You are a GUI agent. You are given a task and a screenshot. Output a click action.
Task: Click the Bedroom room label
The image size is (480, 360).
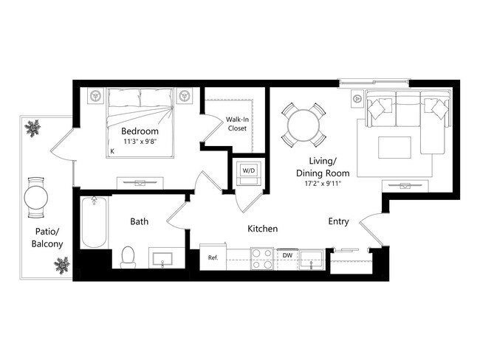(140, 132)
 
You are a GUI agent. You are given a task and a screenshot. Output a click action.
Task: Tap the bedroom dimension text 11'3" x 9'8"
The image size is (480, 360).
(140, 143)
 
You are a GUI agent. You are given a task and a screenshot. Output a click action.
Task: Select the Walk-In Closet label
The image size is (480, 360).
(236, 123)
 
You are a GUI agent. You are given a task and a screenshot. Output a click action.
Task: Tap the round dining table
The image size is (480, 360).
(302, 124)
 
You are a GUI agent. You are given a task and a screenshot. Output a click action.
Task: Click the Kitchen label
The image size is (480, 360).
(262, 229)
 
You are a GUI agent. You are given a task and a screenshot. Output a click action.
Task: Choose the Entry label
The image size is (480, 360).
(339, 221)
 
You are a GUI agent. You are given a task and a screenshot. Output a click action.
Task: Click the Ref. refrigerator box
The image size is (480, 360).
(213, 257)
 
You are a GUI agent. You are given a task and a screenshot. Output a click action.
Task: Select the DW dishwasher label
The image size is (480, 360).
(287, 255)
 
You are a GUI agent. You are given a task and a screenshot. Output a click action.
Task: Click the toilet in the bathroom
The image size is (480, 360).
(127, 257)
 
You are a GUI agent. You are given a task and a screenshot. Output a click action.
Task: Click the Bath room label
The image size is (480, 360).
(140, 221)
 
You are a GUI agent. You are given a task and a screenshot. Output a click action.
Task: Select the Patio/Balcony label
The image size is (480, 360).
(47, 238)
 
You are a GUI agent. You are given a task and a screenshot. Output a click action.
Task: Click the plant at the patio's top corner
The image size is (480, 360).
(32, 130)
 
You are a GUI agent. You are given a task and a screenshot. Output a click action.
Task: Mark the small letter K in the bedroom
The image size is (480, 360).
(112, 151)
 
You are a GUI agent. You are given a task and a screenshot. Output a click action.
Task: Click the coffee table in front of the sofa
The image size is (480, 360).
(396, 147)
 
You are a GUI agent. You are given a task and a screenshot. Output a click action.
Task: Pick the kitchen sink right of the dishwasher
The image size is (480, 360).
(313, 258)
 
